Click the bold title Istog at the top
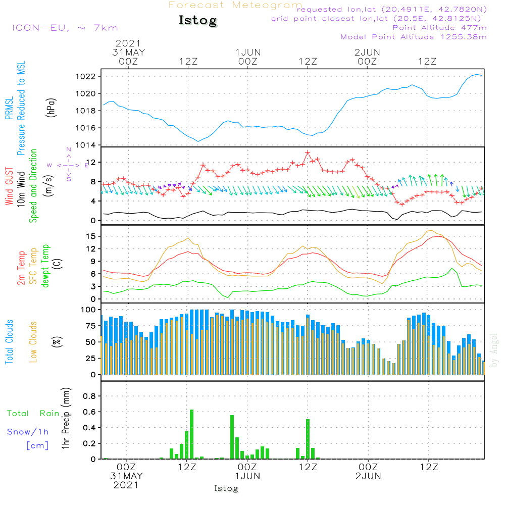click(197, 21)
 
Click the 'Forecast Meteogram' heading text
click(235, 5)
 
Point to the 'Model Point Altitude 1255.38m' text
click(414, 37)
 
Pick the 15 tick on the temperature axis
click(92, 236)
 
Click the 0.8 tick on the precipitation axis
click(89, 396)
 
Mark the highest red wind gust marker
click(307, 152)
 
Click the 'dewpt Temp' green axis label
click(46, 266)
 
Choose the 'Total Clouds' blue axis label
click(9, 342)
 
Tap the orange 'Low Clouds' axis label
click(33, 342)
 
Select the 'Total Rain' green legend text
click(33, 414)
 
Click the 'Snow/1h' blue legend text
click(28, 432)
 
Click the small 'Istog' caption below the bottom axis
click(226, 488)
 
